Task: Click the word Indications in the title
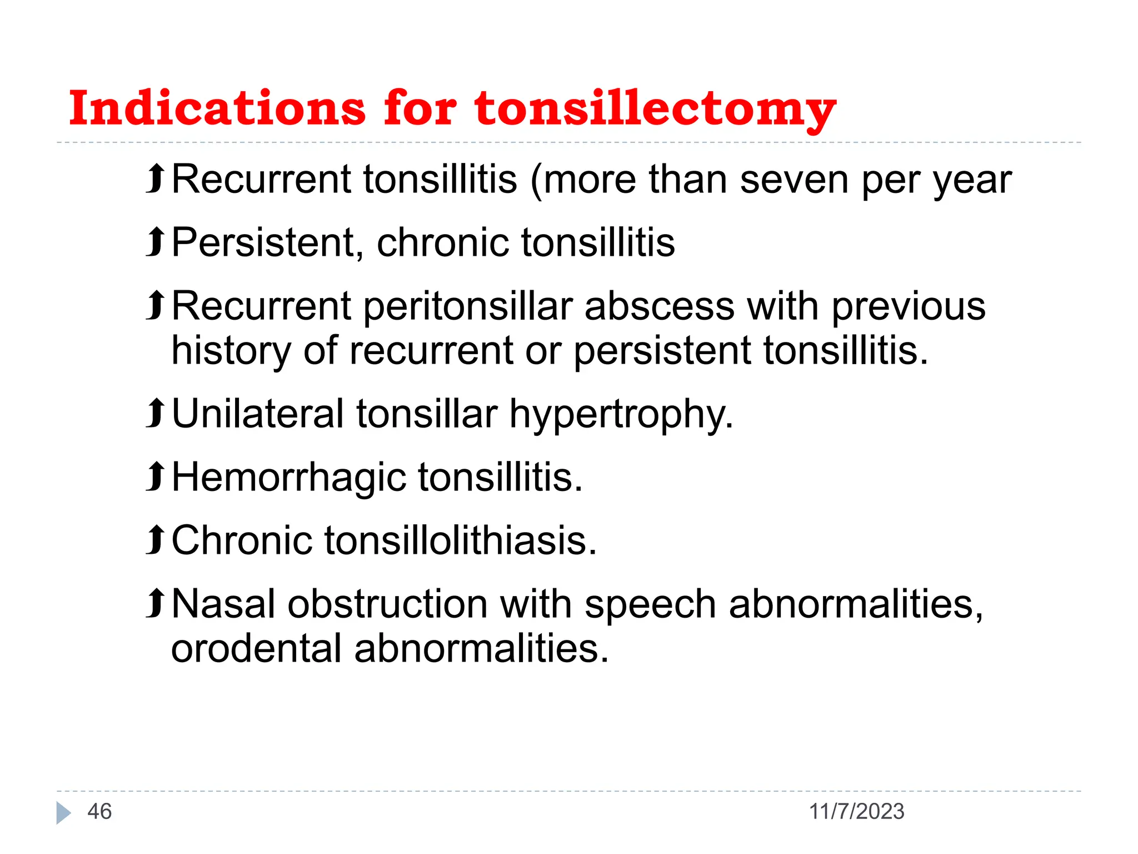[217, 108]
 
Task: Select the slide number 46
[99, 812]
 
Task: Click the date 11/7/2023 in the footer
[856, 812]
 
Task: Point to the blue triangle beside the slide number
[63, 813]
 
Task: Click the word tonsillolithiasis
[460, 541]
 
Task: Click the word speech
[650, 605]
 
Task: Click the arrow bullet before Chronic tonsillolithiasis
[156, 540]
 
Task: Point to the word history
[231, 351]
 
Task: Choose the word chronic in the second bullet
[442, 243]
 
